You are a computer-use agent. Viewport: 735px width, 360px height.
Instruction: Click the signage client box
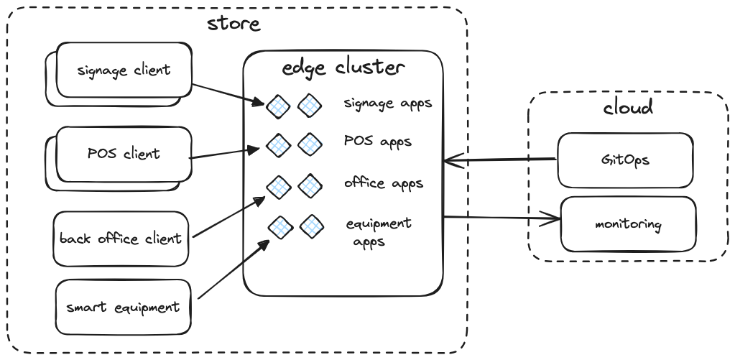124,70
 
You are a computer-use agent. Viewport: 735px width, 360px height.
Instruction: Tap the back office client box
121,238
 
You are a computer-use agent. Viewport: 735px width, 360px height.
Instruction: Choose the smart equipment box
123,308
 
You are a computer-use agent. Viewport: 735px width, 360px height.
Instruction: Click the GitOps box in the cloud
627,160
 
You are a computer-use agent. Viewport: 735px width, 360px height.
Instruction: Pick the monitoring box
627,223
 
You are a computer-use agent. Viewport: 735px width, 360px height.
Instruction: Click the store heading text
234,24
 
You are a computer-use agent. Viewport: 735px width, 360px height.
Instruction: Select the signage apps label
388,103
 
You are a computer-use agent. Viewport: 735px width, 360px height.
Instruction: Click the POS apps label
378,142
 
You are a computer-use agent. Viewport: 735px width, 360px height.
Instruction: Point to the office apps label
384,183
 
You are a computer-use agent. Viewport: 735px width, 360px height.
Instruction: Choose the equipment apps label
379,231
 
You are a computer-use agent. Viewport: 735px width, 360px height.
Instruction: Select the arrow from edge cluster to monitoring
501,217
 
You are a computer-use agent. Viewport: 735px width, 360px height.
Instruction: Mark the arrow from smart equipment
233,269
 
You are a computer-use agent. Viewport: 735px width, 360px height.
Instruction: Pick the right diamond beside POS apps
310,144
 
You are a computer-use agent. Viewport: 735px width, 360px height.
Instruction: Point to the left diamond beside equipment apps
279,227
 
